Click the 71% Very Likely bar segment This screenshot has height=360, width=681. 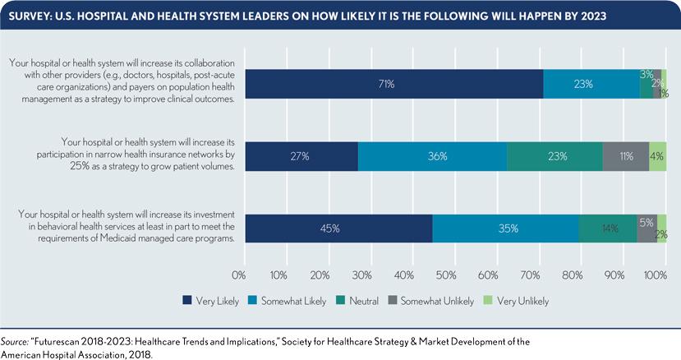coord(394,84)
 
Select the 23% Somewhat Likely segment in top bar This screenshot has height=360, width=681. coord(591,84)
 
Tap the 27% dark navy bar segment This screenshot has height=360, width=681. coord(301,155)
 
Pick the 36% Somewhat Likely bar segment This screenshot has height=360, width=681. coord(432,155)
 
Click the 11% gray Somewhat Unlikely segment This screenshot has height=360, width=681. coord(626,155)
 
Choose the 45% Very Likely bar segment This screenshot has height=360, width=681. coord(338,228)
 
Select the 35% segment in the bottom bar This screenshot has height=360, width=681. coord(505,228)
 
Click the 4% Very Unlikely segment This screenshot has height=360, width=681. coord(657,155)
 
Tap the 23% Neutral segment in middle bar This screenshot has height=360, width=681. coord(554,155)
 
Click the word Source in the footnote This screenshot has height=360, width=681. coord(15,339)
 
